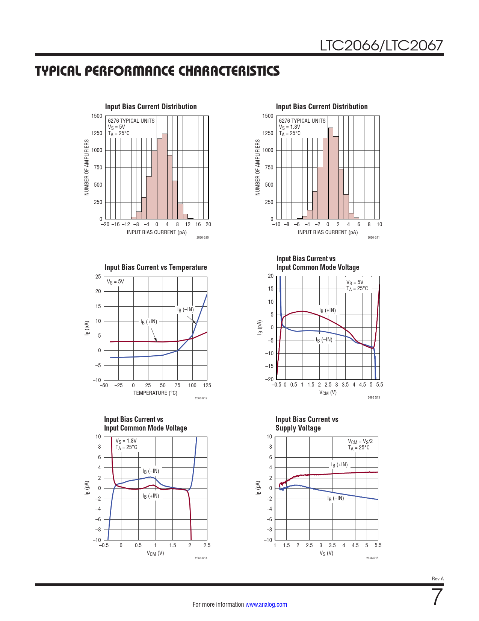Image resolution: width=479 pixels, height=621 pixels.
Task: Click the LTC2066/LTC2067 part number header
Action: pyautogui.click(x=381, y=46)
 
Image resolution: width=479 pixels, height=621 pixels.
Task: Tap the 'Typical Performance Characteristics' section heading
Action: pyautogui.click(x=157, y=71)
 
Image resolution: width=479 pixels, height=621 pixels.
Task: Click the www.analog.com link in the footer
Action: pyautogui.click(x=266, y=604)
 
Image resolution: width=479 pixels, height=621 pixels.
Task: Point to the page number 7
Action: pyautogui.click(x=437, y=597)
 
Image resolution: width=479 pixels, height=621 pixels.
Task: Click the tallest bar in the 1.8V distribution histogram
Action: pyautogui.click(x=331, y=173)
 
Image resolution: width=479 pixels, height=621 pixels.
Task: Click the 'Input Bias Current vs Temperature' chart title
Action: pyautogui.click(x=156, y=267)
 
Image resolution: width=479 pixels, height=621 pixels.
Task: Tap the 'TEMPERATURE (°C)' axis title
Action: pyautogui.click(x=155, y=393)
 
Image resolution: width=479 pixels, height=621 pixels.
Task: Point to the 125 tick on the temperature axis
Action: pyautogui.click(x=207, y=385)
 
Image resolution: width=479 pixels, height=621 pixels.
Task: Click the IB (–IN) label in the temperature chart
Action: pyautogui.click(x=186, y=309)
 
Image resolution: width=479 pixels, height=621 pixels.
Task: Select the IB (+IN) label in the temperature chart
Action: pyautogui.click(x=149, y=321)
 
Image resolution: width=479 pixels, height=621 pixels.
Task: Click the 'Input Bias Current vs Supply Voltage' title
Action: pyautogui.click(x=307, y=424)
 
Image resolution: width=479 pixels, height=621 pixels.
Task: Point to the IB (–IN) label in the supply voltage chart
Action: pyautogui.click(x=335, y=498)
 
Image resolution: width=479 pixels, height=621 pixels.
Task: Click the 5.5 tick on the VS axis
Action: pyautogui.click(x=378, y=545)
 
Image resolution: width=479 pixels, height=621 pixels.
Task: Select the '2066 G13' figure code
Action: pyautogui.click(x=374, y=397)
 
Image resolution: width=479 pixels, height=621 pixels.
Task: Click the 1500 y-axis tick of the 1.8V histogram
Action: pyautogui.click(x=268, y=116)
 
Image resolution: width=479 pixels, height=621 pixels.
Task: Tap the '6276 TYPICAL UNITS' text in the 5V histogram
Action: pyautogui.click(x=131, y=121)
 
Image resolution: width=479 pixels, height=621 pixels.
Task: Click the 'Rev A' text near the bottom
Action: pyautogui.click(x=438, y=578)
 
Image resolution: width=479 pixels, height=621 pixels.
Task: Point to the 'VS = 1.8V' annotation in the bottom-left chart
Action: pyautogui.click(x=126, y=441)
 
